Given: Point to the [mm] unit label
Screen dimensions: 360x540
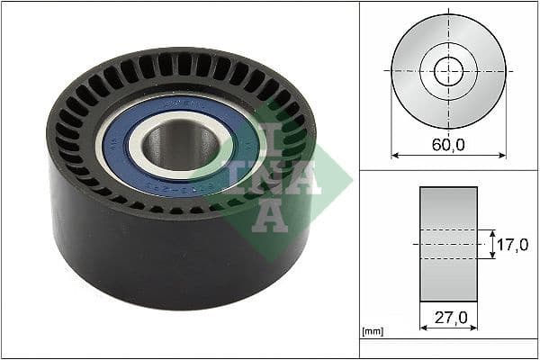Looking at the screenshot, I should (372, 332).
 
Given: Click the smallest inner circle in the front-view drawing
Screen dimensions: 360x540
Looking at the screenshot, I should (448, 71).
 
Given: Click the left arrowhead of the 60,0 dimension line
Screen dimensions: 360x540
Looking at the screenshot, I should (394, 155).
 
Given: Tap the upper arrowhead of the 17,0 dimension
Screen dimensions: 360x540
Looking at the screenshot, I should (492, 232).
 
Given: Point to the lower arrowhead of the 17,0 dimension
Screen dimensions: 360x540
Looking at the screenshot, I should (492, 256).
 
